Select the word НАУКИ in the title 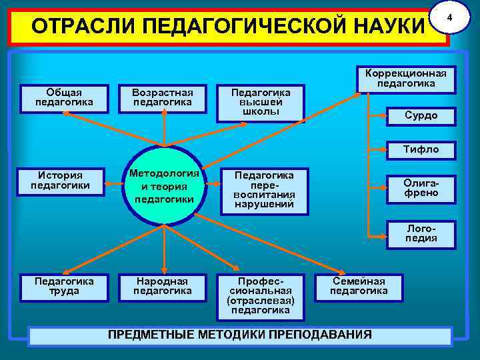pos(387,28)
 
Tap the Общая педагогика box pos(64,97)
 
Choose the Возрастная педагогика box pos(162,97)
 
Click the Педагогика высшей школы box pos(260,103)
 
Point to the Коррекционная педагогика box pos(406,79)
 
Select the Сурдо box pos(421,116)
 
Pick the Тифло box pos(421,150)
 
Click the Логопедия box pos(421,233)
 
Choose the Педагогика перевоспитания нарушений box pos(264,190)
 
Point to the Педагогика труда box pos(64,286)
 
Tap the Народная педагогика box pos(162,286)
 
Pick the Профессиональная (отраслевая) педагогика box pos(260,295)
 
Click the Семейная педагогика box pos(359,286)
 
